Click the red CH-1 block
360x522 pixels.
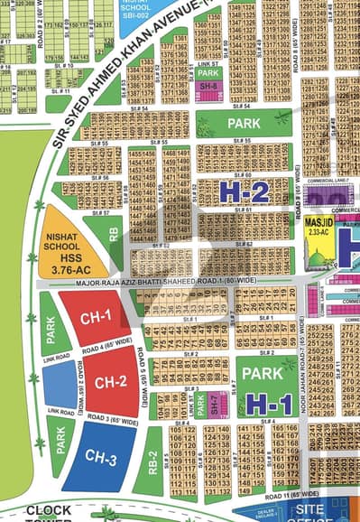[95, 316]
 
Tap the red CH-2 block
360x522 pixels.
[110, 381]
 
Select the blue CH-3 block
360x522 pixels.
[102, 460]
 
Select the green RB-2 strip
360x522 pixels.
[154, 467]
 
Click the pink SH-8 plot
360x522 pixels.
[208, 86]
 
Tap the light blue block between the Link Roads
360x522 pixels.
[59, 385]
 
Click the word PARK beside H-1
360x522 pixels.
[263, 374]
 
